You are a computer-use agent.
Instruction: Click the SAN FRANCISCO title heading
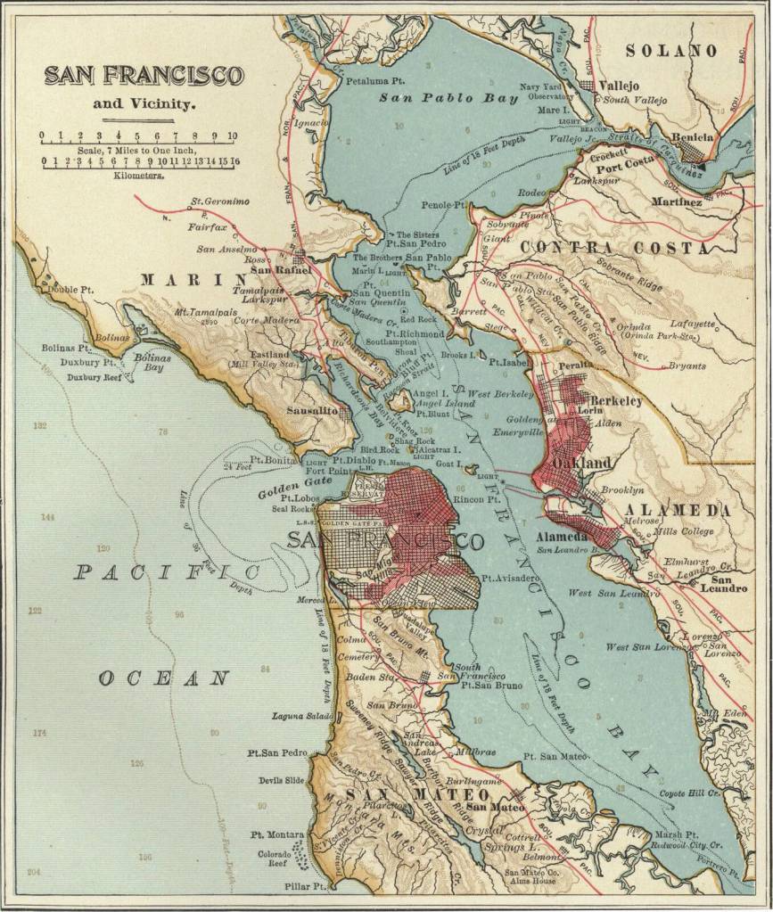click(143, 75)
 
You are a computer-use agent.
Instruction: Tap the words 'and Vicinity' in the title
click(144, 103)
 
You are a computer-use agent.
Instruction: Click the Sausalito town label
click(312, 411)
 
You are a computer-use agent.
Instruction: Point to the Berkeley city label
click(616, 401)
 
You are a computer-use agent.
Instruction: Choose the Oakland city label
click(581, 463)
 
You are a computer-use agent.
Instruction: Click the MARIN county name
click(181, 280)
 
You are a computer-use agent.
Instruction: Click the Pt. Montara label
click(277, 835)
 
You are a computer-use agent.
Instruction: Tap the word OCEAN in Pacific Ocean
click(164, 679)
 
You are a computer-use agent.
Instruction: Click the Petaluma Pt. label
click(370, 81)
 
